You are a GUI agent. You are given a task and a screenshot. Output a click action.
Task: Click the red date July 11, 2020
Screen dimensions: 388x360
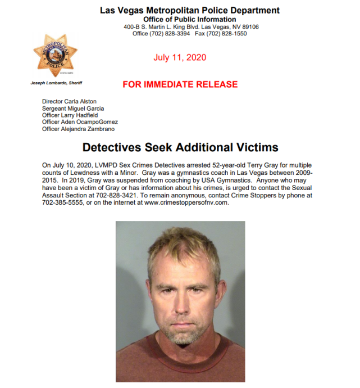(180, 57)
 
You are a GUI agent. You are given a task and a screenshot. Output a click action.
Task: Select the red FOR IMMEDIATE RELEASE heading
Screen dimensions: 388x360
(180, 84)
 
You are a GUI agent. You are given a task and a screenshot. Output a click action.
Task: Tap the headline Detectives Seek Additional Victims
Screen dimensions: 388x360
(180, 147)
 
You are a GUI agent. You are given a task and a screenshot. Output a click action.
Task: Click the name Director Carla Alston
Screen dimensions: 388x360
(69, 102)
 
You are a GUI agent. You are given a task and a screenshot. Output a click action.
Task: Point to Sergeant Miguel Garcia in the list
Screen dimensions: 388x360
(73, 109)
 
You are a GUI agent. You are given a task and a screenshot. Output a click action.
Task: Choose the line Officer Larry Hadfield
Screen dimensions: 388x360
(70, 115)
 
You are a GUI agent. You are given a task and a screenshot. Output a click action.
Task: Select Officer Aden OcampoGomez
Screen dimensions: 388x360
(80, 122)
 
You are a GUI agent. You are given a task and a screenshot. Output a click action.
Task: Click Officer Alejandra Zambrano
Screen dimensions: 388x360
(79, 129)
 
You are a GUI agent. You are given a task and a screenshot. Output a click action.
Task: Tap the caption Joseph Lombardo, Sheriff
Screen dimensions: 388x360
(55, 83)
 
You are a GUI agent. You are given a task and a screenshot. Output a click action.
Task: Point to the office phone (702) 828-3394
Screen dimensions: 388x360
(163, 34)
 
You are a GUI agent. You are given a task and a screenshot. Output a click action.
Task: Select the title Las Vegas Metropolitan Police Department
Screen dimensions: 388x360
(190, 10)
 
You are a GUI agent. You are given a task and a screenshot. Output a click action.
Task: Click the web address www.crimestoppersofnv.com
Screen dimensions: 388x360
(186, 202)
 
